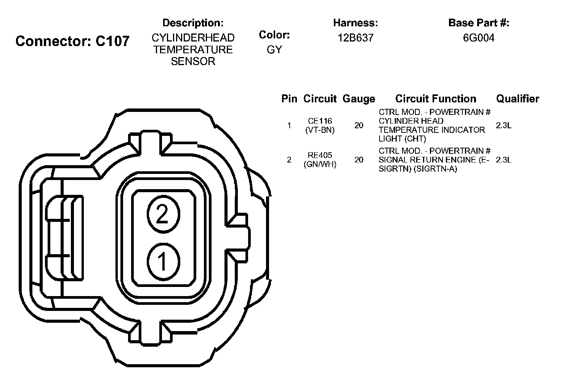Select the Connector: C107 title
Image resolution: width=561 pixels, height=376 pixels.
pos(72,41)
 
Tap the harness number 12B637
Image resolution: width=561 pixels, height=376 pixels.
pos(355,38)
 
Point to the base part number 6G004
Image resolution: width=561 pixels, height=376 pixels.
pos(478,38)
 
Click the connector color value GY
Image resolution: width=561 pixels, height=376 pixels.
pos(274,50)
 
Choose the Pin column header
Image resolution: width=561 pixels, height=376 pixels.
pos(289,99)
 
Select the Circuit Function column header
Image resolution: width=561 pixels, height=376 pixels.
pos(436,99)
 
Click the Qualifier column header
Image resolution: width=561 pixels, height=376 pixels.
pos(518,99)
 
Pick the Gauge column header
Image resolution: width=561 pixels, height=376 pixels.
pos(359,99)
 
